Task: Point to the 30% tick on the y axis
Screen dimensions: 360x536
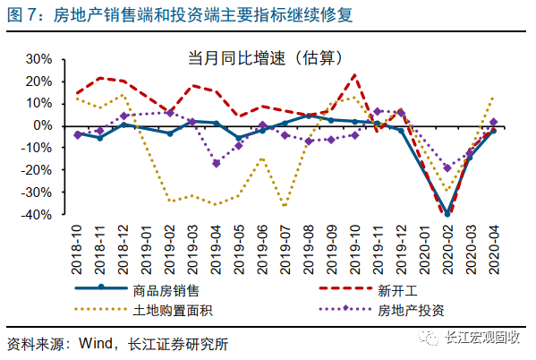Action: (x=42, y=58)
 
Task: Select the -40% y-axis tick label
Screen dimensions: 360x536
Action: (x=39, y=214)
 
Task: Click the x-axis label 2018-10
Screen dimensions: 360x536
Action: (x=78, y=249)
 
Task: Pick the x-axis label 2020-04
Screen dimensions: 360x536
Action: (x=493, y=249)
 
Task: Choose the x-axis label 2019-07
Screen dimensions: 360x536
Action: (x=285, y=249)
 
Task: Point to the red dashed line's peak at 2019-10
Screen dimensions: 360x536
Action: (x=355, y=74)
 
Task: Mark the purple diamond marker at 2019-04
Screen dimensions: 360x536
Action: (x=217, y=163)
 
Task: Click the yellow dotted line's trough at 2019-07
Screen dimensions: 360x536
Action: (x=285, y=206)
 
